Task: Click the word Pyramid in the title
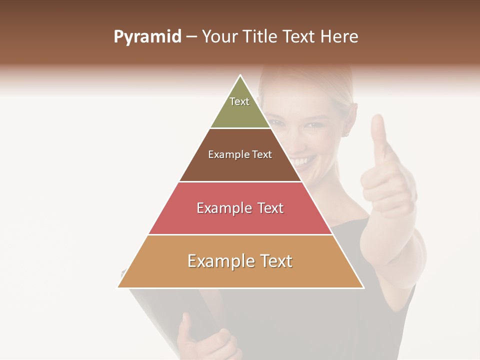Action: click(x=147, y=36)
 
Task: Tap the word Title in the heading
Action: click(x=259, y=36)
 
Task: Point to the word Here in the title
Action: click(x=339, y=36)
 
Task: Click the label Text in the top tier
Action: click(x=239, y=101)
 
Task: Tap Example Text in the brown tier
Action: click(x=240, y=154)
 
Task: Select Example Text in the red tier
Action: click(x=240, y=208)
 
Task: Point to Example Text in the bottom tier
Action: click(x=240, y=261)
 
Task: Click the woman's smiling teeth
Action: click(x=299, y=161)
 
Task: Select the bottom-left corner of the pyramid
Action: click(x=118, y=287)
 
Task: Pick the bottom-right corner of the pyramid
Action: click(x=363, y=287)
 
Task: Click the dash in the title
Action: click(x=191, y=37)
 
